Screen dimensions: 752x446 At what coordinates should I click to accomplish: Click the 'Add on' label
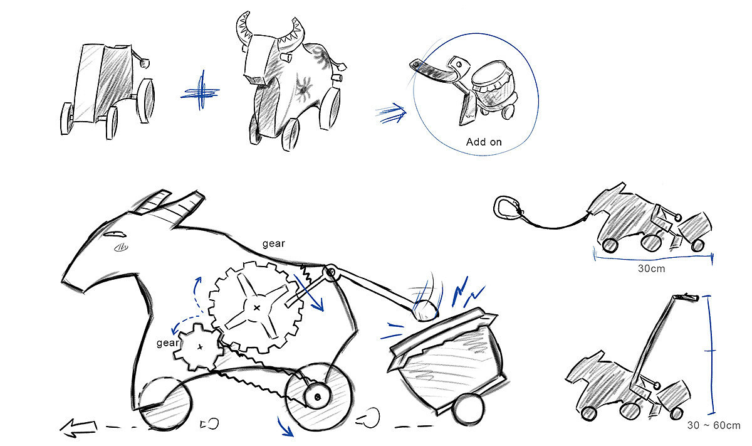pyautogui.click(x=484, y=142)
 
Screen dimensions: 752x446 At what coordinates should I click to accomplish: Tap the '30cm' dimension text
pyautogui.click(x=651, y=268)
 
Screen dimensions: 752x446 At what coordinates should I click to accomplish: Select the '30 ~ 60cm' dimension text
pyautogui.click(x=714, y=425)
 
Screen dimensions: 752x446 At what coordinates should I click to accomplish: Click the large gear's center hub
pyautogui.click(x=257, y=307)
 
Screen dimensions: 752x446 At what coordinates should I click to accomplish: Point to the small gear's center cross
pyautogui.click(x=200, y=347)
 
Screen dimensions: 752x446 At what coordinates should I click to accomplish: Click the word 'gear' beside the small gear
pyautogui.click(x=167, y=343)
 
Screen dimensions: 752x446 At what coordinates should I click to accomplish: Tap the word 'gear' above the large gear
pyautogui.click(x=274, y=243)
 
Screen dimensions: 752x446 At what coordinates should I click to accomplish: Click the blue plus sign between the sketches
pyautogui.click(x=201, y=92)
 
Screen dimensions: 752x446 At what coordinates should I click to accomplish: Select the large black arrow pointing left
pyautogui.click(x=78, y=428)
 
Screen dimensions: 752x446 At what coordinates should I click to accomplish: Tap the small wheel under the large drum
pyautogui.click(x=467, y=410)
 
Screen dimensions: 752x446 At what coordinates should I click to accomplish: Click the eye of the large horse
pyautogui.click(x=115, y=233)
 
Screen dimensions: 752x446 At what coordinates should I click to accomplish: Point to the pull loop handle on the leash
pyautogui.click(x=506, y=208)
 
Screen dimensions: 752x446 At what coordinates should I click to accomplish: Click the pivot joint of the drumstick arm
pyautogui.click(x=330, y=271)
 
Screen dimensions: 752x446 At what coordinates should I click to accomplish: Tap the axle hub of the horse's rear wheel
pyautogui.click(x=317, y=396)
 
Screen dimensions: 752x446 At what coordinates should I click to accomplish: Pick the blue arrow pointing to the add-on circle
pyautogui.click(x=390, y=113)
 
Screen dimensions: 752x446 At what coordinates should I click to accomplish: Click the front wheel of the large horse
pyautogui.click(x=165, y=403)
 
